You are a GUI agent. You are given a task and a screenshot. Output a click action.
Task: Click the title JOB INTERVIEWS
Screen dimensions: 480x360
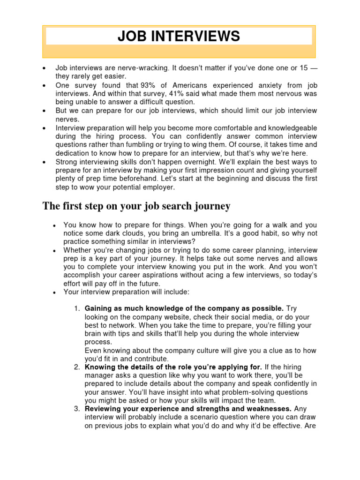tap(179, 36)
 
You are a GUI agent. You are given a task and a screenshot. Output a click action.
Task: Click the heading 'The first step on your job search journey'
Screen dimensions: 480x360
tap(136, 206)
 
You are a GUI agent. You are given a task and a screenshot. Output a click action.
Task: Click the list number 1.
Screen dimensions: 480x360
tap(77, 308)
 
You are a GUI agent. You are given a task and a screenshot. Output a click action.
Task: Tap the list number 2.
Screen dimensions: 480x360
tap(77, 367)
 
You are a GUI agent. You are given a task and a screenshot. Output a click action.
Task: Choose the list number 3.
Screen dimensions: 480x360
tap(77, 409)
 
